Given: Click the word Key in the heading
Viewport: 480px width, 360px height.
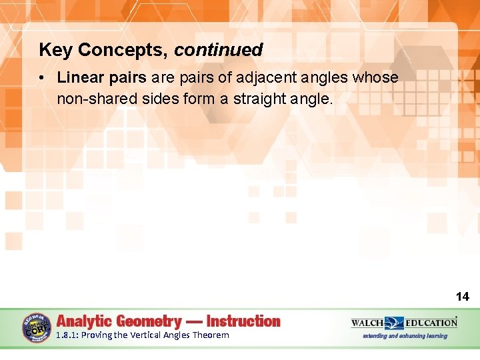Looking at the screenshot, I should pyautogui.click(x=53, y=50).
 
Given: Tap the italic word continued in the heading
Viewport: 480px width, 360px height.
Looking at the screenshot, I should pyautogui.click(x=219, y=50).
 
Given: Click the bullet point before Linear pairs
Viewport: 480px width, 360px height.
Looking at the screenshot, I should pyautogui.click(x=42, y=78).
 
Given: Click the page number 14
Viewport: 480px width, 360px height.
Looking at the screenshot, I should pyautogui.click(x=462, y=297).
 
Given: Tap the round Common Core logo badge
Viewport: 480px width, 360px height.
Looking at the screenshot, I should pyautogui.click(x=37, y=328).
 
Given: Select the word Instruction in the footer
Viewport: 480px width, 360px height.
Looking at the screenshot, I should pyautogui.click(x=243, y=321).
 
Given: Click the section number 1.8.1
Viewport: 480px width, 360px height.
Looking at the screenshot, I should pyautogui.click(x=67, y=335).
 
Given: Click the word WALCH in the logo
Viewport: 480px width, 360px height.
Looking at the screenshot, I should pyautogui.click(x=368, y=323).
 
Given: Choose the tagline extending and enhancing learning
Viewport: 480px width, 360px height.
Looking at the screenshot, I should pyautogui.click(x=405, y=336).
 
